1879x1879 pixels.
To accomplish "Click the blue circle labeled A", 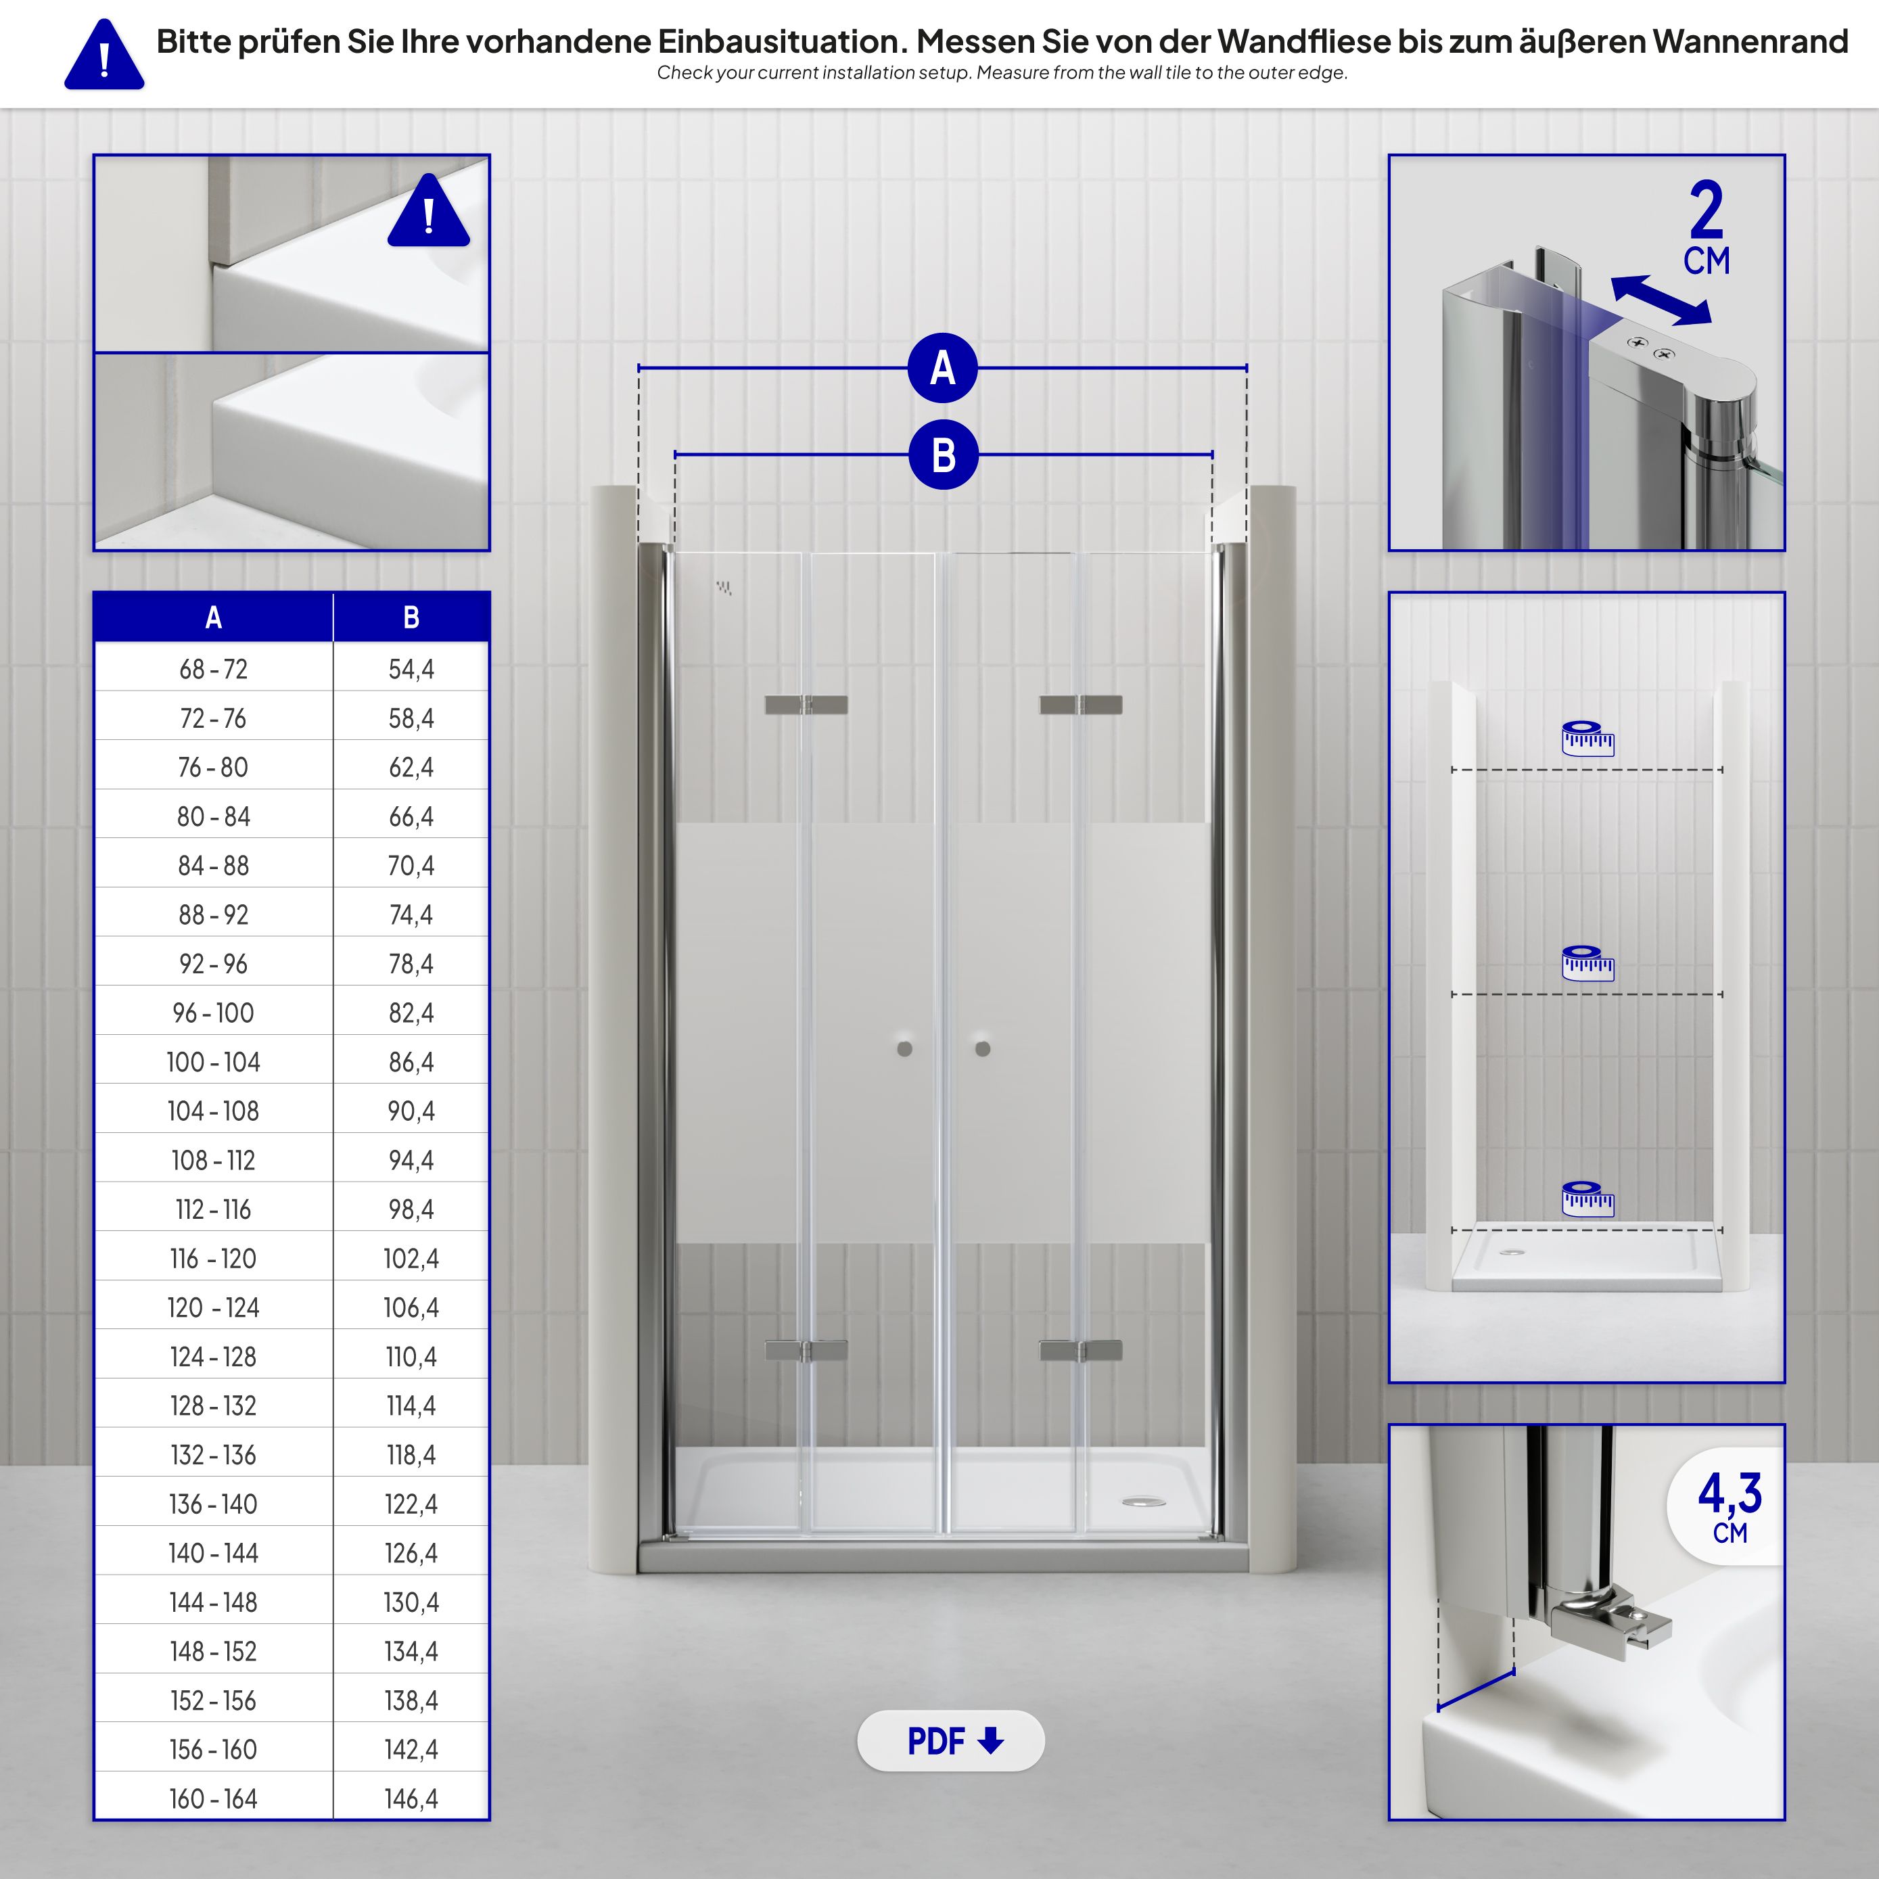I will click(x=942, y=369).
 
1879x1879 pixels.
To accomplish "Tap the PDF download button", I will click(x=950, y=1740).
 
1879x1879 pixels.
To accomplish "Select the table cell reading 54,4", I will click(x=411, y=669).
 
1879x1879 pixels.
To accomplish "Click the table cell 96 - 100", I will click(x=213, y=1013).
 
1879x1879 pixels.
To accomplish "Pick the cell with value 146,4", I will click(x=411, y=1799).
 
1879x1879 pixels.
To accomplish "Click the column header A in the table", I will click(x=213, y=617).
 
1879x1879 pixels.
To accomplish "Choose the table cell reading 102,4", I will click(x=411, y=1259).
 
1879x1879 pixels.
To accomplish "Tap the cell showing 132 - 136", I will click(x=213, y=1455).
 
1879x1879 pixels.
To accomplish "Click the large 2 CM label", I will click(x=1706, y=229).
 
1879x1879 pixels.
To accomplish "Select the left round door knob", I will click(x=904, y=1048).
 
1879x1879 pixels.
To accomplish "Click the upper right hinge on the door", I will click(x=1080, y=704).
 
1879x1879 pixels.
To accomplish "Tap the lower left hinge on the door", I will click(x=806, y=1350).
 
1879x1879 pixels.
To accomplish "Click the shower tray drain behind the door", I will click(x=1144, y=1503).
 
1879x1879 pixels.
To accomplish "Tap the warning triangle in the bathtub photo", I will click(x=428, y=211).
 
